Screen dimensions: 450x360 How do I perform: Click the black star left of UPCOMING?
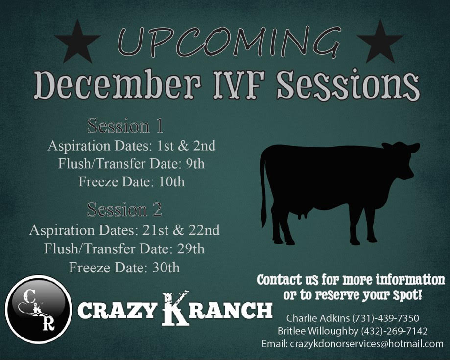tap(77, 42)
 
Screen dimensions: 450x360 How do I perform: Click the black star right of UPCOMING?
tap(380, 42)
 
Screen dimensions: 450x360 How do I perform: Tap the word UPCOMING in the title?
tap(229, 42)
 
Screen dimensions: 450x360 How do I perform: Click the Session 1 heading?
tap(125, 126)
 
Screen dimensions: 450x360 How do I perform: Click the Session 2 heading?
tap(124, 210)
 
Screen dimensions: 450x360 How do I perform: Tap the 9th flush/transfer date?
tap(195, 164)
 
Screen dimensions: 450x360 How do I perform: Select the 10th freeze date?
tap(171, 182)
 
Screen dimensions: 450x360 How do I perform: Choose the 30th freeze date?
tap(166, 268)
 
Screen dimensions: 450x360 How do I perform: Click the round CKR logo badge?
tap(38, 309)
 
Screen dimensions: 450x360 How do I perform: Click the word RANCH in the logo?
tap(231, 311)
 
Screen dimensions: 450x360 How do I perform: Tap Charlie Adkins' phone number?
tap(385, 318)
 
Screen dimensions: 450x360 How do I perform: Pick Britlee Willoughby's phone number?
tap(394, 331)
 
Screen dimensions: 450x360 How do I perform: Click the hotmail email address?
tap(367, 344)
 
